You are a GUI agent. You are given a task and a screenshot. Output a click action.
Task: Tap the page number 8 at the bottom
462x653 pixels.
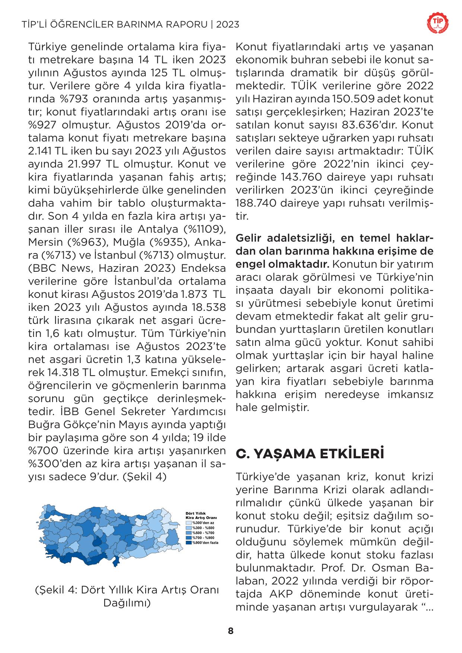tap(231, 631)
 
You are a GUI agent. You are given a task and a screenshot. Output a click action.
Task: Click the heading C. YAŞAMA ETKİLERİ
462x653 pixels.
tap(310, 454)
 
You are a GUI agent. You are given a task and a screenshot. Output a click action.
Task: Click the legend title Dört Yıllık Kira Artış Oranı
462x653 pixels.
tap(201, 516)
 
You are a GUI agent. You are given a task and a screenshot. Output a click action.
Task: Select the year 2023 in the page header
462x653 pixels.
tap(227, 25)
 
